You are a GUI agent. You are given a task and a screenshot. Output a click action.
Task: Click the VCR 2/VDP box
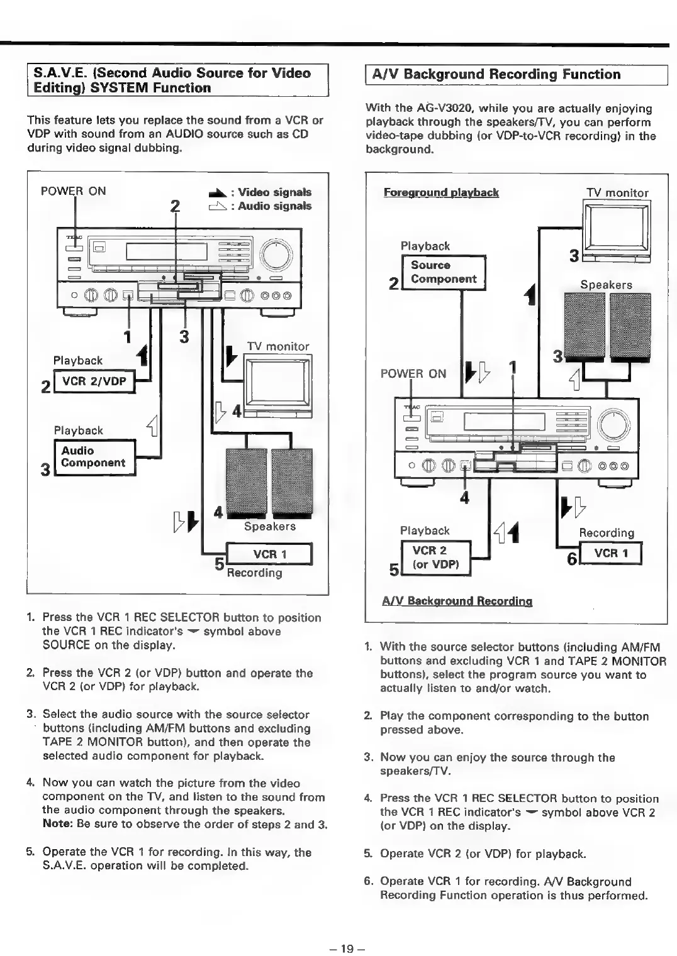[x=94, y=382]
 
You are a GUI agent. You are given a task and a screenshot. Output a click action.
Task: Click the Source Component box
[x=444, y=272]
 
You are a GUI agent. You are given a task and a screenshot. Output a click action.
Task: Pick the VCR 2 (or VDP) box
[x=436, y=557]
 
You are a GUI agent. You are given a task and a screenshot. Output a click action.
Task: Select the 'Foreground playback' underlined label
[x=441, y=192]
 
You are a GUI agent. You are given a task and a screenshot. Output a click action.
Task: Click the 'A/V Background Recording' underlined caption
[x=457, y=600]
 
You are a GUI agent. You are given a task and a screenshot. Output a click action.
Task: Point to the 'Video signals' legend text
[x=274, y=192]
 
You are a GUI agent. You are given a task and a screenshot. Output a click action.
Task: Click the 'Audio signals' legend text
[x=274, y=206]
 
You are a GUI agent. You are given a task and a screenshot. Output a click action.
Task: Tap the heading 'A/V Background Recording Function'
[x=496, y=74]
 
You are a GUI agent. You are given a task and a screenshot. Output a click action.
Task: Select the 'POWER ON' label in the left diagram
[x=73, y=191]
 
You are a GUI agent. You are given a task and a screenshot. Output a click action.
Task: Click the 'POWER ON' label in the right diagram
[x=413, y=373]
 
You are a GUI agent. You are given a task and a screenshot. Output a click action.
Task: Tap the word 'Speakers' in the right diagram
[x=606, y=285]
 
